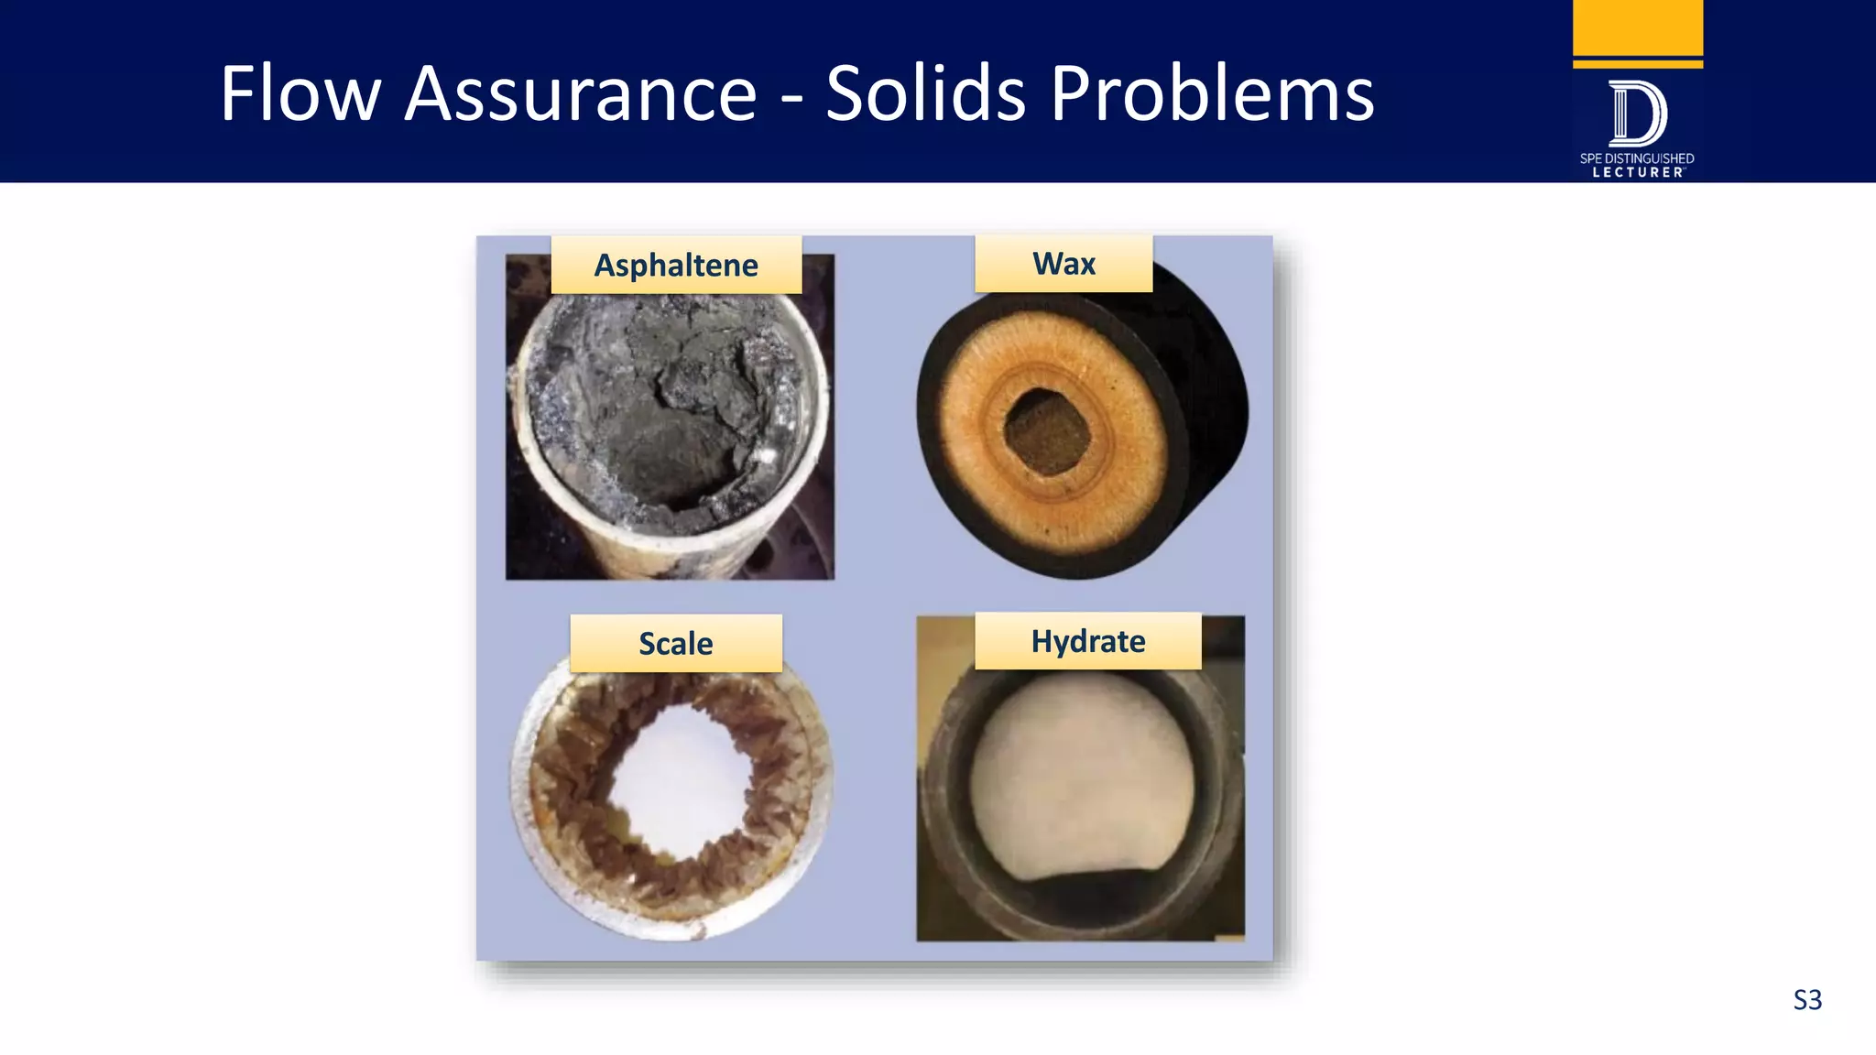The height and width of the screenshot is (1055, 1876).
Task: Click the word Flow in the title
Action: tap(300, 93)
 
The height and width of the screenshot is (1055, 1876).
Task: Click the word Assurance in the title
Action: tap(581, 93)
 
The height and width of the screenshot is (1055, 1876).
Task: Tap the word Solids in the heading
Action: tap(925, 93)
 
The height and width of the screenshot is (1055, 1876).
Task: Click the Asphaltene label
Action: tap(676, 266)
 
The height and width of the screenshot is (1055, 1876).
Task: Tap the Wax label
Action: tap(1063, 264)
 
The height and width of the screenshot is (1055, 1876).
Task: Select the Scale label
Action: tap(676, 644)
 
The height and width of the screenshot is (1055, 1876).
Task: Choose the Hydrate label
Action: tap(1087, 641)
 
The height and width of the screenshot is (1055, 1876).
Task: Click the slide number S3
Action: tap(1806, 1000)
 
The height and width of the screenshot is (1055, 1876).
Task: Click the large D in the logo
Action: tap(1637, 114)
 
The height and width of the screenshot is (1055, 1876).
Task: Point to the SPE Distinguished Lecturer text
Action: tap(1637, 166)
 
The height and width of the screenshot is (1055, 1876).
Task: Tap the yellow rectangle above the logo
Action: tap(1637, 27)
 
